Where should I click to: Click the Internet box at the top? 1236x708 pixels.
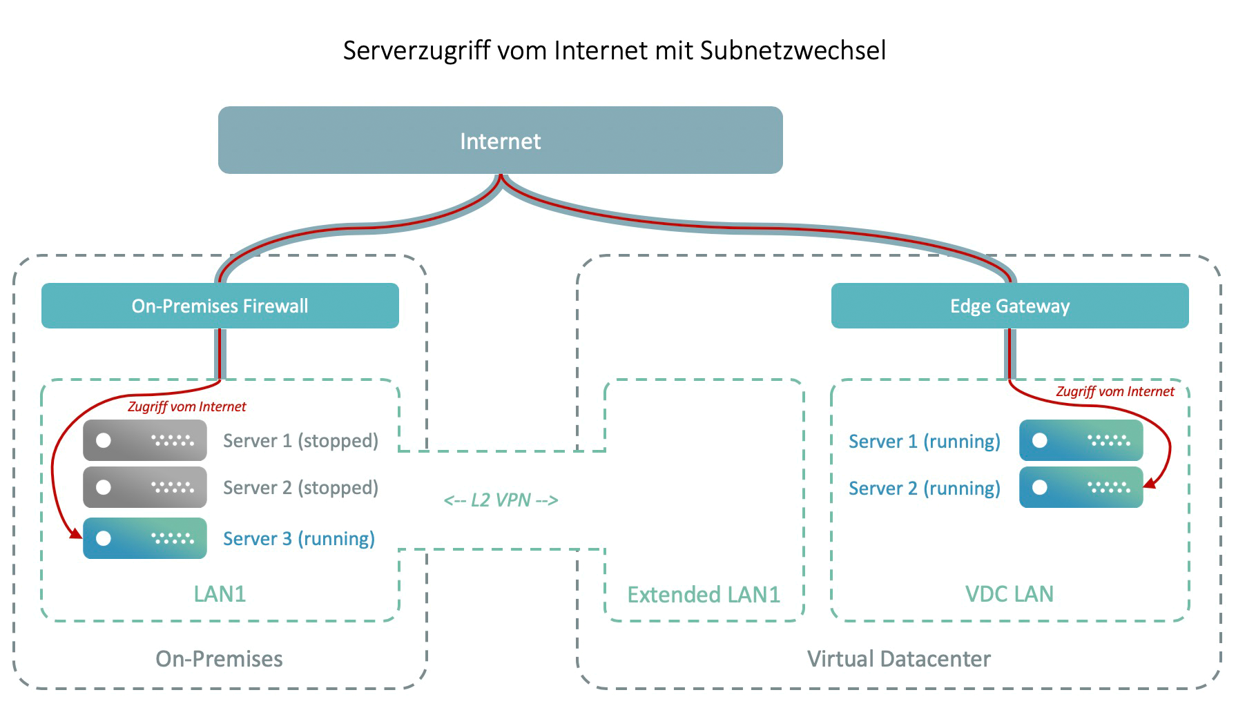click(x=500, y=140)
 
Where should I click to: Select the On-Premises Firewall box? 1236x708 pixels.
click(x=220, y=306)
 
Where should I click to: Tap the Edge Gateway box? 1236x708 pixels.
click(x=1010, y=306)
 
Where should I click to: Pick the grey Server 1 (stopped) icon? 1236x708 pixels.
click(x=144, y=440)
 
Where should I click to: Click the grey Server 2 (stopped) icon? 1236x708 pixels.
click(x=144, y=487)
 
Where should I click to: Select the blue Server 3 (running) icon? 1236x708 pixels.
click(x=144, y=538)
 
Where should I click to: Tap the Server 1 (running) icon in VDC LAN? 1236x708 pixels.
click(x=1081, y=440)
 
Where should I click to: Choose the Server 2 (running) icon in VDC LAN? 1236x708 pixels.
click(x=1081, y=487)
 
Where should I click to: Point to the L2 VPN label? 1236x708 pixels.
click(x=501, y=500)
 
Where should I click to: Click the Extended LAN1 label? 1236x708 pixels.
click(x=703, y=595)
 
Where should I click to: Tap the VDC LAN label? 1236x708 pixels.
click(x=1009, y=594)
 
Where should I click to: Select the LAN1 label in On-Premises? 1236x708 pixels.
click(x=219, y=594)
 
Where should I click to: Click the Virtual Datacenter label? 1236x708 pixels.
click(x=898, y=659)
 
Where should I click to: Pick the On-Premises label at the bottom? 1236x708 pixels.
click(x=219, y=659)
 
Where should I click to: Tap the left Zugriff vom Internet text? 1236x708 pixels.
click(x=186, y=406)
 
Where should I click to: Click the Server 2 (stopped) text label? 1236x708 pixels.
click(x=300, y=487)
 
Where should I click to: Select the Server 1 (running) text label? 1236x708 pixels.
click(x=924, y=441)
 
